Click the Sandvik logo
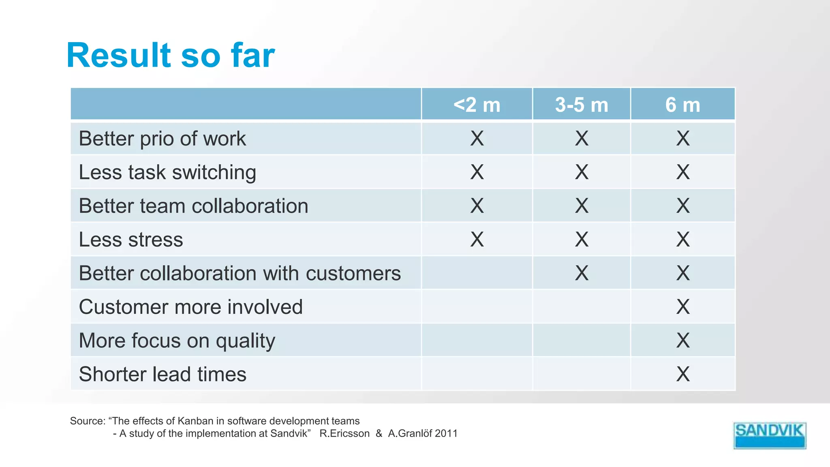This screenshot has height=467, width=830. (769, 435)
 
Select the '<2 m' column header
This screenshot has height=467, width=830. (477, 105)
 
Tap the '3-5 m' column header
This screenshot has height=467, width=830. (582, 105)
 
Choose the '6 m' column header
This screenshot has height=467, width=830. (682, 105)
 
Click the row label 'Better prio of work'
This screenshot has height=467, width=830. (162, 139)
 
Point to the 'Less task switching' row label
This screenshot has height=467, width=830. (167, 172)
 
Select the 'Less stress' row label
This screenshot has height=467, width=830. (131, 240)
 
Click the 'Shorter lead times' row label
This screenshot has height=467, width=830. (163, 374)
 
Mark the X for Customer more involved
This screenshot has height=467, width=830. (683, 307)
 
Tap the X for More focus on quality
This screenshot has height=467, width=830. (683, 341)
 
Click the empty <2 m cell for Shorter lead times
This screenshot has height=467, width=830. (477, 374)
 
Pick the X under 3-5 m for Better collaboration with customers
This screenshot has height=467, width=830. (582, 273)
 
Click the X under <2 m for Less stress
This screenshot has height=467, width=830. (477, 240)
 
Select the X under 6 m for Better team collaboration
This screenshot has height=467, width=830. (683, 206)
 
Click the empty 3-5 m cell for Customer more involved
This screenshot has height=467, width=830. (582, 307)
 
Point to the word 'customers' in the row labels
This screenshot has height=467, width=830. (353, 273)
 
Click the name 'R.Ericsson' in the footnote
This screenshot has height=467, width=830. (344, 433)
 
